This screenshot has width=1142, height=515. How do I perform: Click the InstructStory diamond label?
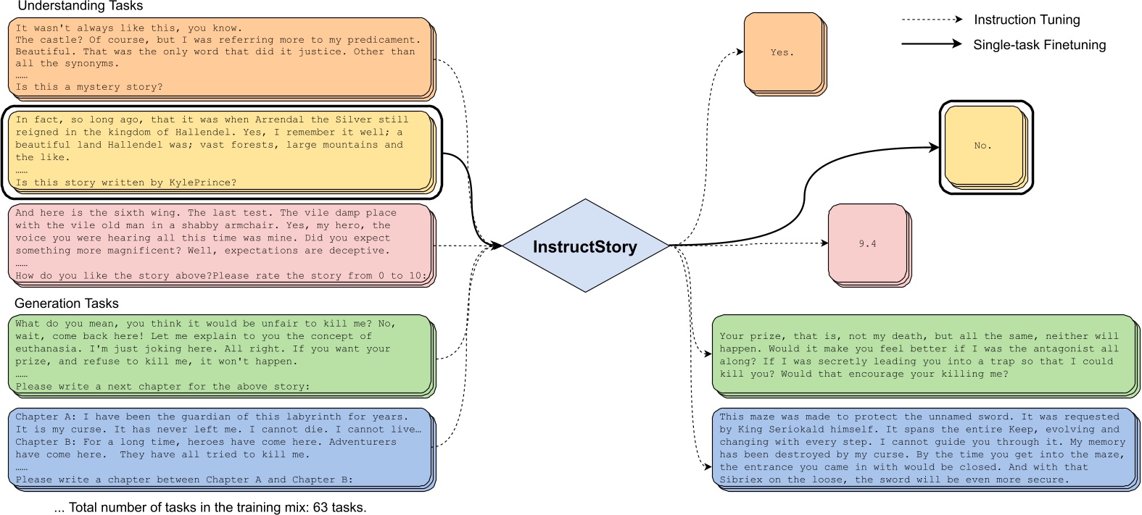584,247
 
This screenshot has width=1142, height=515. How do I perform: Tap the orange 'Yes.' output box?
782,53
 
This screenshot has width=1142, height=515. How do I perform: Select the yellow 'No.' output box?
982,146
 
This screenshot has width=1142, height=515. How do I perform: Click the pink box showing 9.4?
867,244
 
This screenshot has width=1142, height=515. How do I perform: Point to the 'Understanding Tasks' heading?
80,7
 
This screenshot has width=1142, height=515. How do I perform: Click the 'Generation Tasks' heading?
67,303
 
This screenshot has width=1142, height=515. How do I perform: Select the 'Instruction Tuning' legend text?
1027,20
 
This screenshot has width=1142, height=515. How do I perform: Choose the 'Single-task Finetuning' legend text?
1039,45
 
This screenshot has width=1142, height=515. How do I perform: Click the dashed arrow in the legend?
932,20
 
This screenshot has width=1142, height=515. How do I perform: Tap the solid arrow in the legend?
932,44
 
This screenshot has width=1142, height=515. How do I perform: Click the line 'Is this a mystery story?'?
89,87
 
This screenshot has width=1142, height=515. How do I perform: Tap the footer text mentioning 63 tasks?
210,507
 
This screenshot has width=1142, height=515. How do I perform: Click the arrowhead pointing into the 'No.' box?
934,148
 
